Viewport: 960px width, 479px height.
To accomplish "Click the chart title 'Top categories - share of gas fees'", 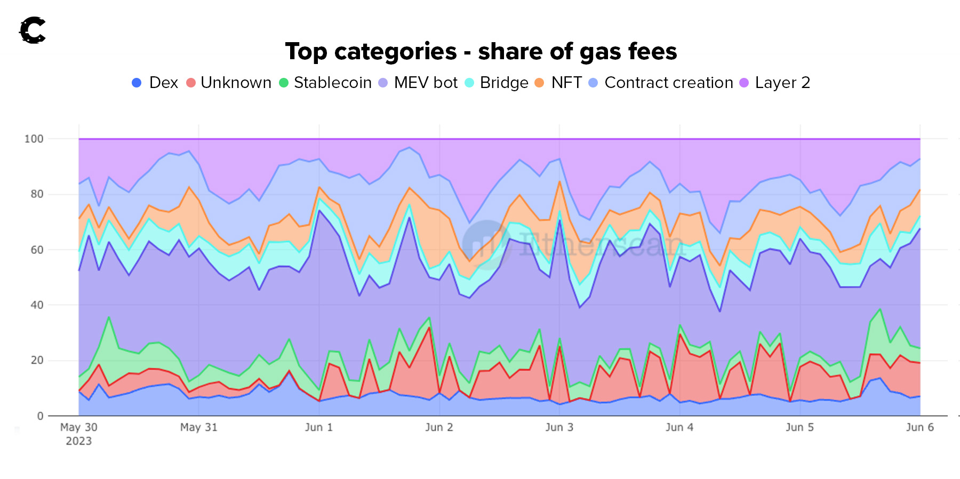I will (x=481, y=52).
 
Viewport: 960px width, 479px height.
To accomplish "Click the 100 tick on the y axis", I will (x=34, y=139).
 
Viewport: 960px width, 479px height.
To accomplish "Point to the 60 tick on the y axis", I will (x=37, y=250).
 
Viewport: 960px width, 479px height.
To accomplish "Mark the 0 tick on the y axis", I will (x=40, y=416).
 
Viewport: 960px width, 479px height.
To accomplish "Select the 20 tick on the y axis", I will (x=37, y=361).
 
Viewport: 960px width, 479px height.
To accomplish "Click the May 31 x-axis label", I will (x=198, y=427).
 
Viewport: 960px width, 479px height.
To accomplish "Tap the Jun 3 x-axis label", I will (x=559, y=427).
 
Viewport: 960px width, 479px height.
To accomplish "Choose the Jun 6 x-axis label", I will (x=919, y=427).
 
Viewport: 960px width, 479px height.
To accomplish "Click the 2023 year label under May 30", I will (x=78, y=441).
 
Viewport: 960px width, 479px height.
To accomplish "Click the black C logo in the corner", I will (x=33, y=30).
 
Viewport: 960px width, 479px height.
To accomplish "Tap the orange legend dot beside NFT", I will (x=539, y=83).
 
